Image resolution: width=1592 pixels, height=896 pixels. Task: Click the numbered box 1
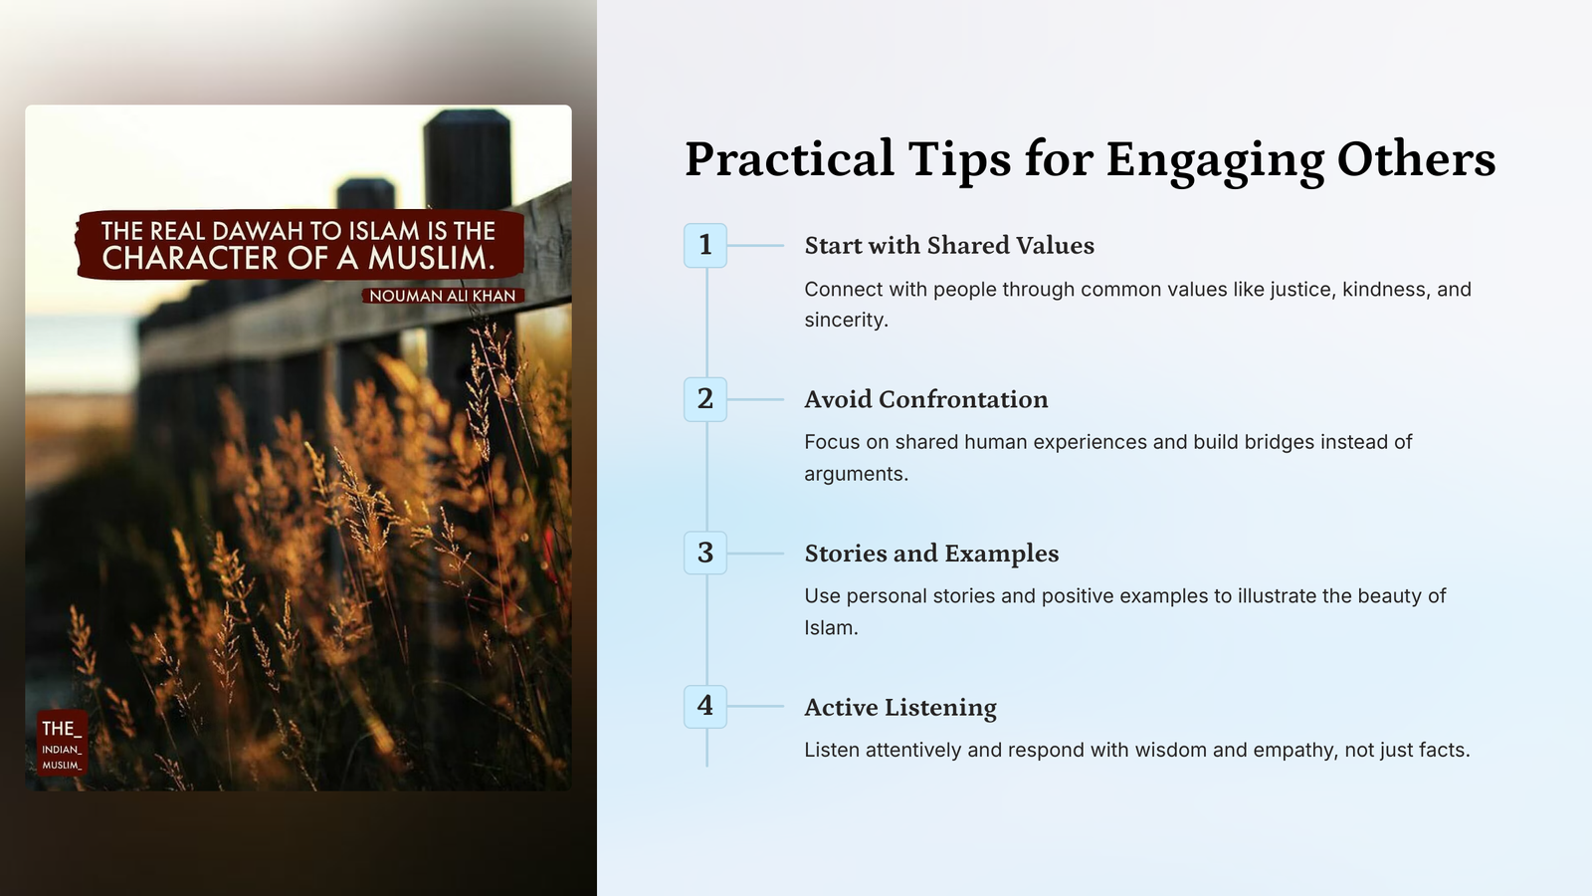(705, 245)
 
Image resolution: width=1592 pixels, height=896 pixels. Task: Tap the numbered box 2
(705, 399)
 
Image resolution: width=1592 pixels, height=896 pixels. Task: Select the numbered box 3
(705, 554)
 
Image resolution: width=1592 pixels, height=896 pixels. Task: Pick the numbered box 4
(705, 707)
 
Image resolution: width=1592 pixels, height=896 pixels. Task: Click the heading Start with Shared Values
(949, 245)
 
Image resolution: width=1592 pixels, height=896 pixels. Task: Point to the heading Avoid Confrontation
(926, 399)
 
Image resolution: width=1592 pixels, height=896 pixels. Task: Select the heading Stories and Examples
(931, 554)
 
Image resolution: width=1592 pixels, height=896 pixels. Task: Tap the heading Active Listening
(900, 708)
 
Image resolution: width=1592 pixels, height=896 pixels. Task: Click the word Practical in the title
(789, 158)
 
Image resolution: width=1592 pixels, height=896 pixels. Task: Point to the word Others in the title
(1417, 158)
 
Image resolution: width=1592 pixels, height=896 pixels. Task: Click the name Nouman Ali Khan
(443, 296)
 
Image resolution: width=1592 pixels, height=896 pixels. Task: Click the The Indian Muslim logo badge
(62, 743)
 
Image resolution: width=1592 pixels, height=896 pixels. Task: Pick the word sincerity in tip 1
(845, 320)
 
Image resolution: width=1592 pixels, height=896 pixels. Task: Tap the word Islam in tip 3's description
(829, 628)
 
